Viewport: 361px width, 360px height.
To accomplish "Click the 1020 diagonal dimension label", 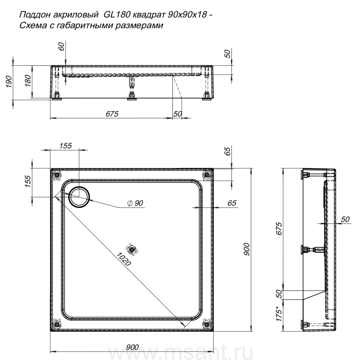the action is click(x=124, y=259).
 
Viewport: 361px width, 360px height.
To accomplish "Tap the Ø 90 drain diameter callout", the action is click(x=135, y=203).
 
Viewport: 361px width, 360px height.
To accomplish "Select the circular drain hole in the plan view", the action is click(x=79, y=197).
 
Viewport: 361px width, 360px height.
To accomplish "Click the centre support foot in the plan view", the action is click(x=132, y=249).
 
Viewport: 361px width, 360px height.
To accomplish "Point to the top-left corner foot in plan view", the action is click(x=57, y=175).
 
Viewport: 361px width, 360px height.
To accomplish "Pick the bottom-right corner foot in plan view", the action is click(x=206, y=324).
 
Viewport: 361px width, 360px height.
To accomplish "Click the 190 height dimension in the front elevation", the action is click(x=9, y=81).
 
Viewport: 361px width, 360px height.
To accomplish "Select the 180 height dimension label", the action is click(x=28, y=81).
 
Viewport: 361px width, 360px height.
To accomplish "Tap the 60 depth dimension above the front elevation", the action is click(x=62, y=47).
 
